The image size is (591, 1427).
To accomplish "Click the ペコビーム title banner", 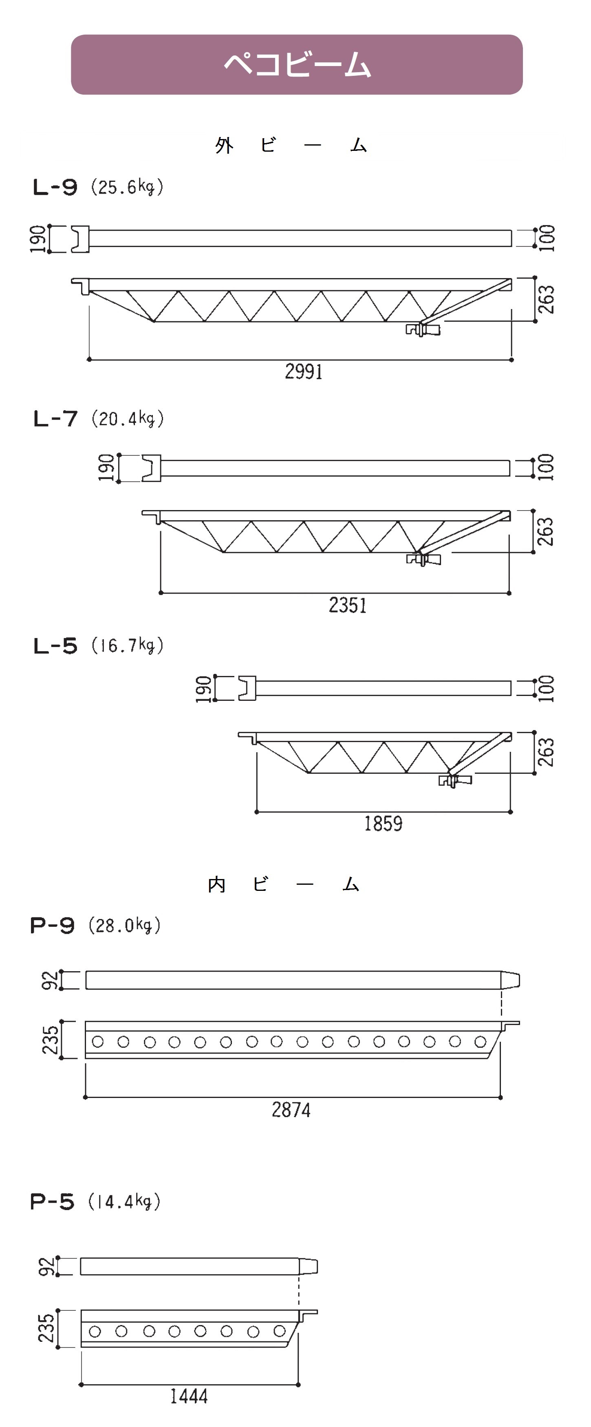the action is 297,64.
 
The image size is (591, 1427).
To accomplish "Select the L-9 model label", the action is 55,187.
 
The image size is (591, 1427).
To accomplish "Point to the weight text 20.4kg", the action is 128,418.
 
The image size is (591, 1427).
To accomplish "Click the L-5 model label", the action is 55,646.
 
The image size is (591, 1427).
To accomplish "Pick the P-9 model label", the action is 52,925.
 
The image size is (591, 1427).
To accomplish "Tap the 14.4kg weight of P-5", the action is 123,1202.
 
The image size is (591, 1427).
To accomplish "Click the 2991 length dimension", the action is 304,371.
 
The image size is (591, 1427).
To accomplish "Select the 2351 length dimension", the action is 348,605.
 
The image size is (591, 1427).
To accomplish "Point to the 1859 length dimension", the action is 383,823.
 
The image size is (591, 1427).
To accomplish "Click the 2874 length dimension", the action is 291,1109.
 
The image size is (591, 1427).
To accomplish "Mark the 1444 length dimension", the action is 189,1396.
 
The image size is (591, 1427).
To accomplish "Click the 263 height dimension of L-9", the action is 546,299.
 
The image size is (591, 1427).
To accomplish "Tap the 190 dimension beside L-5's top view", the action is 203,689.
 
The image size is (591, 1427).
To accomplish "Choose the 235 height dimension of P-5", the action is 46,1328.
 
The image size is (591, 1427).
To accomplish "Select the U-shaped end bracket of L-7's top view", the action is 151,468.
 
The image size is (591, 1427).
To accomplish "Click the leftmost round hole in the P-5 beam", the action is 95,1331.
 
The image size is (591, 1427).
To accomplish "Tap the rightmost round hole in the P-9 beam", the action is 480,1042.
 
